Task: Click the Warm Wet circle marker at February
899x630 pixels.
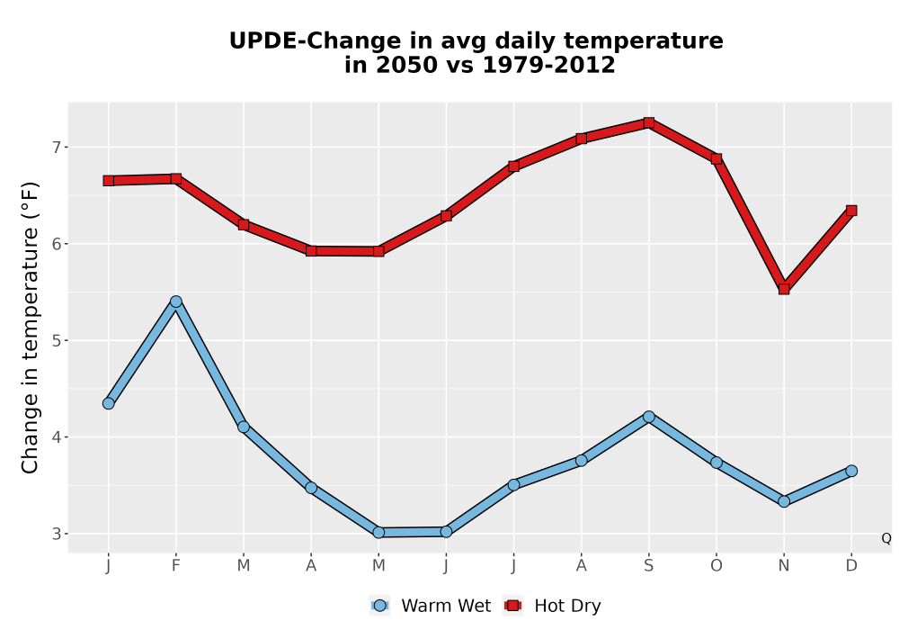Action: [x=176, y=301]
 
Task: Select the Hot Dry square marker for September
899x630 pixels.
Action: [x=649, y=122]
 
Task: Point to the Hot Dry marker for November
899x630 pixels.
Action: [x=784, y=289]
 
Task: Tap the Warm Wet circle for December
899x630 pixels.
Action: [x=851, y=471]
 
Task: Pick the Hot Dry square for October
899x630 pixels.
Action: [x=717, y=159]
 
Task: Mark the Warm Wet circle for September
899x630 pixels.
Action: [x=649, y=417]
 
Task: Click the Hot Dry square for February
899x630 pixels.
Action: [x=176, y=179]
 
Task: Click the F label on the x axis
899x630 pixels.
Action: [x=176, y=566]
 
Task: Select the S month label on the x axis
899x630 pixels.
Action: [x=649, y=566]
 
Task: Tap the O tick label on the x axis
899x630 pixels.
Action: [x=717, y=566]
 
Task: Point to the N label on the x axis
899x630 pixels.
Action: [x=784, y=566]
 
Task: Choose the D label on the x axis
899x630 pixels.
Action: [x=851, y=566]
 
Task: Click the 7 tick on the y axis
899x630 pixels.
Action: [x=56, y=148]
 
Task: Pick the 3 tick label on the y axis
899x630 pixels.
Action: [x=56, y=535]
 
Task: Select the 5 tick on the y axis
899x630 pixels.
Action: [x=56, y=341]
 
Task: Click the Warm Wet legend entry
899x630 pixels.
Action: [x=431, y=606]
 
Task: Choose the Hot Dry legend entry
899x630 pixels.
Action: [x=552, y=606]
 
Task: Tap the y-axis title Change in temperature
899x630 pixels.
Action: [x=30, y=328]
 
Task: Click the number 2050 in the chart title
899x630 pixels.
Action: [x=402, y=65]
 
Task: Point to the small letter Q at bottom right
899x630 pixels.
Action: [x=886, y=538]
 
